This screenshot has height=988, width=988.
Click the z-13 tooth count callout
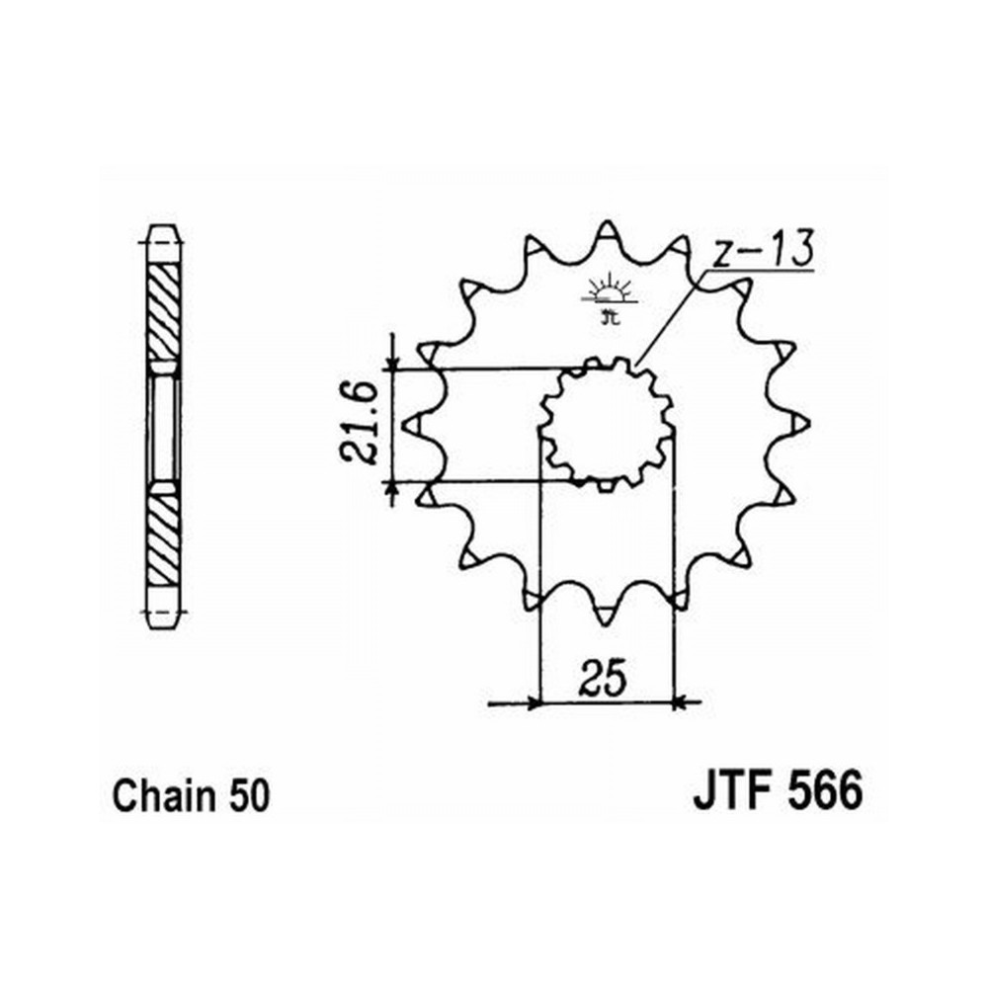click(x=764, y=250)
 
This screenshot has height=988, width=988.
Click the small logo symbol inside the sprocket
click(x=608, y=298)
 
